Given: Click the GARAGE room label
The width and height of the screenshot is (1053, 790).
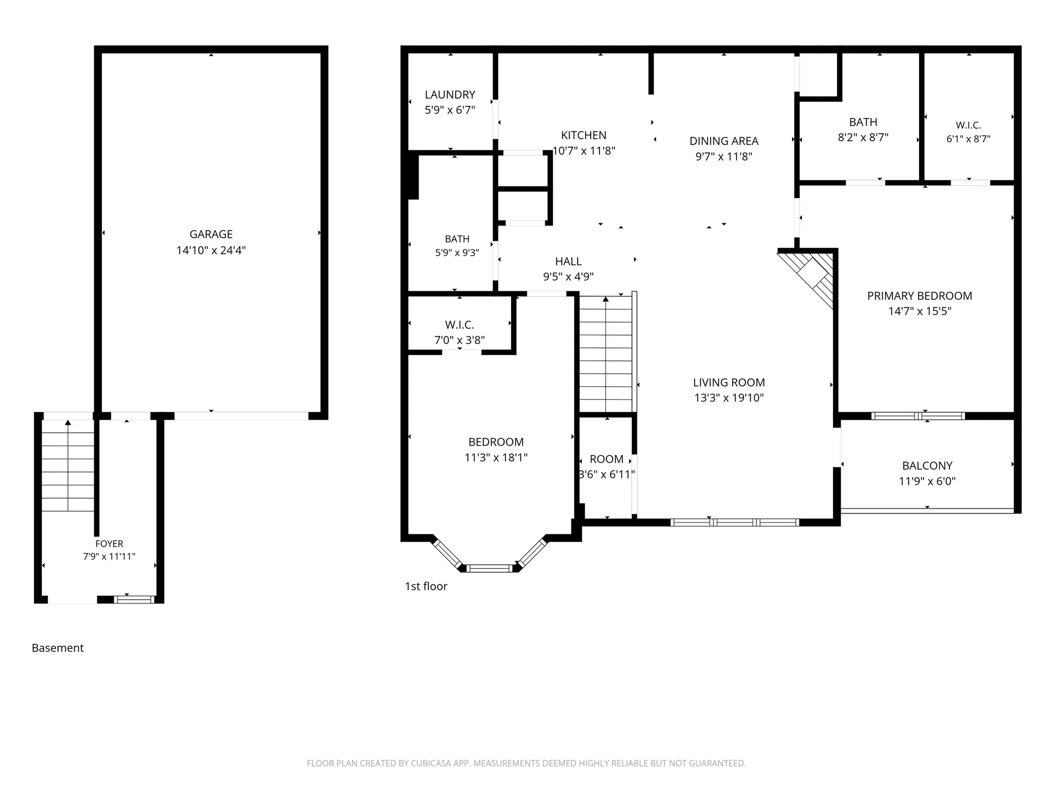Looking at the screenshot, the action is [x=211, y=234].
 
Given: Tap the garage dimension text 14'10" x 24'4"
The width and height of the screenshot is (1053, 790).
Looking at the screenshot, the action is [x=211, y=250].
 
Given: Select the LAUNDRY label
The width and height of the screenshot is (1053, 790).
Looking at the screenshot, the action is [x=450, y=95].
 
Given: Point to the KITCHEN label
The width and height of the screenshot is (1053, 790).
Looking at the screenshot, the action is [x=584, y=136].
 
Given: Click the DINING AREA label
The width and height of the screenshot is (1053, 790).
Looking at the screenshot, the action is [x=724, y=141].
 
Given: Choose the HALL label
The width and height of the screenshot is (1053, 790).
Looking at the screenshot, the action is [x=568, y=262].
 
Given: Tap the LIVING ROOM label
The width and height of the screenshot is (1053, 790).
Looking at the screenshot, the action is [x=729, y=382].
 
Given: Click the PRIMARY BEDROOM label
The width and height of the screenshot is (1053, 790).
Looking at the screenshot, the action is [x=920, y=296].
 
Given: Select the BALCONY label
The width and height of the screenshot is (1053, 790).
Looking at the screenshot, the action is [x=927, y=466].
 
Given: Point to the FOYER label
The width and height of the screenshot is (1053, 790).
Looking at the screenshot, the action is [x=109, y=544].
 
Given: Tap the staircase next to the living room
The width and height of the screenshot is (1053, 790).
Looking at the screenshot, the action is [x=606, y=354].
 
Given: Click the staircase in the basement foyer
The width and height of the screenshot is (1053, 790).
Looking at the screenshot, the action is [x=68, y=465].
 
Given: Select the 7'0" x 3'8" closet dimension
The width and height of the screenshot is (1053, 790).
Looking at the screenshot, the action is [x=460, y=340].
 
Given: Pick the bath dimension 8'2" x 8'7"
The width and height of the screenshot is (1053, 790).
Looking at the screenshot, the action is [x=863, y=137].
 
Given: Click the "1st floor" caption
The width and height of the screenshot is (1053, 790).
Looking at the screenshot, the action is [x=426, y=586].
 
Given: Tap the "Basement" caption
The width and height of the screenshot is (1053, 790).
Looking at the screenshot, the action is [x=58, y=648].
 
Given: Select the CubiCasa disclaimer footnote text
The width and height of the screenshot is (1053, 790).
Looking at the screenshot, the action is [x=526, y=763].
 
